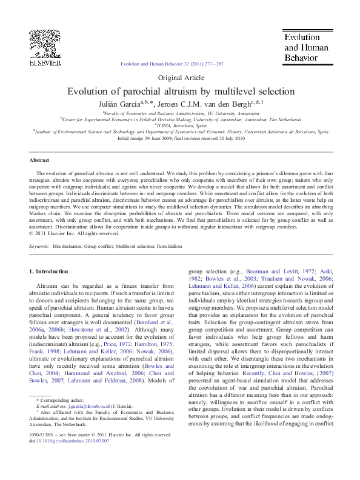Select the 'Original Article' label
pyautogui.click(x=180, y=78)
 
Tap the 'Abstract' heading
pyautogui.click(x=40, y=160)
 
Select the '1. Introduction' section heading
pyautogui.click(x=49, y=271)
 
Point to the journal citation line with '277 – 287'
pyautogui.click(x=172, y=64)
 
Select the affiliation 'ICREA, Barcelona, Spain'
pyautogui.click(x=180, y=125)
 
